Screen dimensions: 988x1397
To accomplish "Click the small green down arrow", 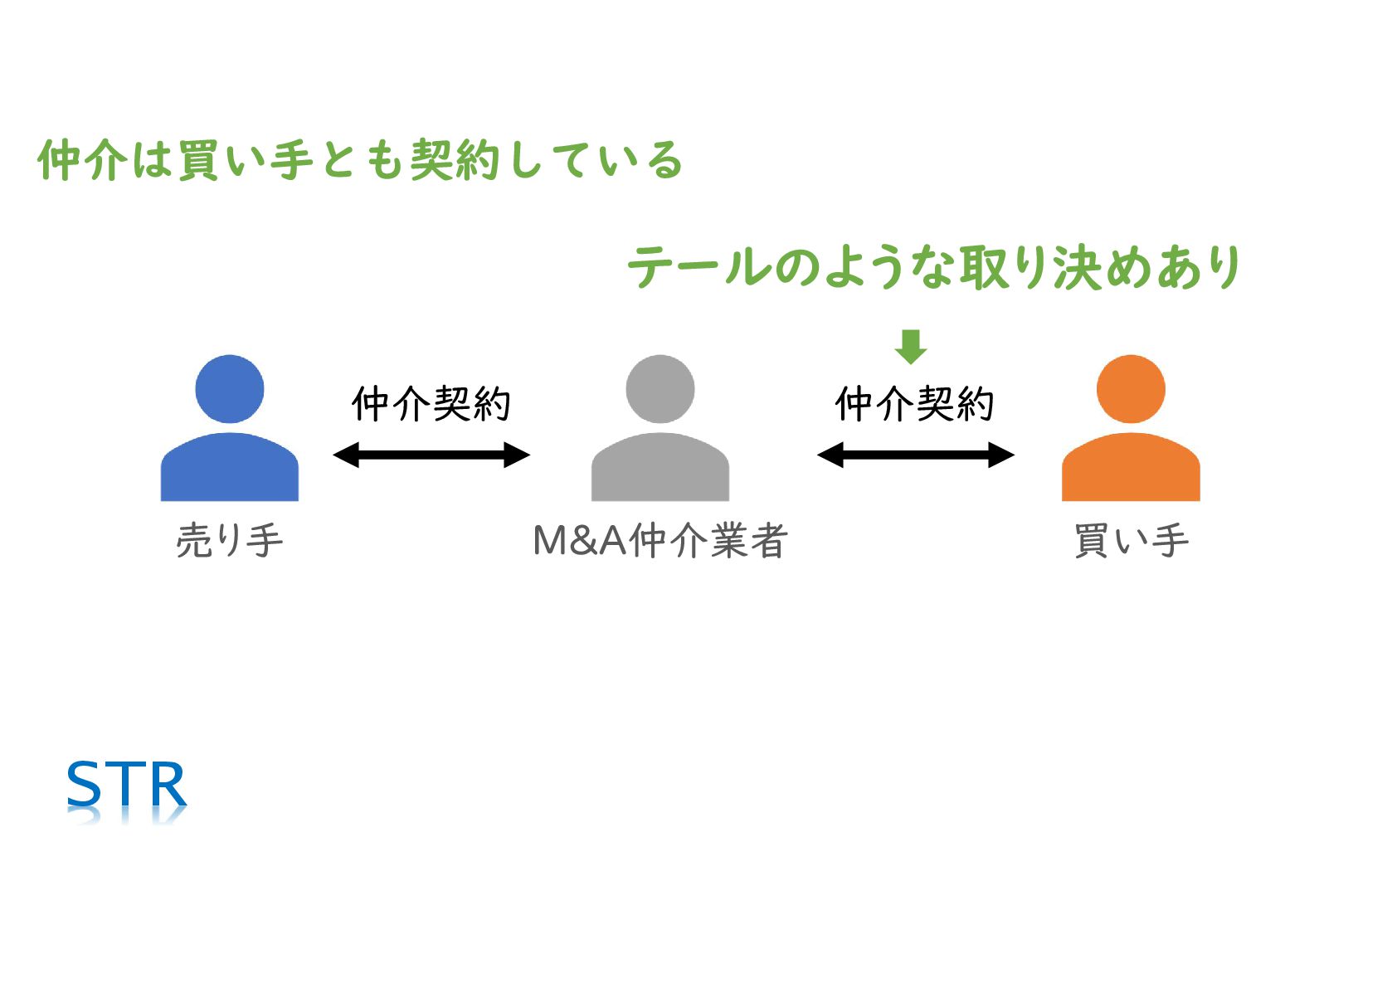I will [910, 346].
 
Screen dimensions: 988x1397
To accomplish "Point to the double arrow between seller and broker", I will [431, 455].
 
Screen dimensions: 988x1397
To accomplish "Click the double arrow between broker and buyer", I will [915, 455].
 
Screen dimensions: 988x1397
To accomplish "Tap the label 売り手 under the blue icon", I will [229, 541].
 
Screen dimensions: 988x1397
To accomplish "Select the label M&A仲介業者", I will [660, 541].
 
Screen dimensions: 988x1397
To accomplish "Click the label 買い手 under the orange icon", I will [1131, 541].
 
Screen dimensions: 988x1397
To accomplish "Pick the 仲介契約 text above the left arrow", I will [431, 404].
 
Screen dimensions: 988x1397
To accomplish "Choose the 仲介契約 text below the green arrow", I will [914, 404].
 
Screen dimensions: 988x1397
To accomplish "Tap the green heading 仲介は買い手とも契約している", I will [360, 160].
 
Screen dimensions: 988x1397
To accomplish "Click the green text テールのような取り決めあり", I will [933, 267].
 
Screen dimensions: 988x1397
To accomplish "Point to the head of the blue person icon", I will [229, 388].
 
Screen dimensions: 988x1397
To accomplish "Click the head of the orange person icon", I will [1130, 388].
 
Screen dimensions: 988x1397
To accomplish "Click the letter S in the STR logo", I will [83, 785].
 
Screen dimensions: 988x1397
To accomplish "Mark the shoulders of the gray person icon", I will [660, 469].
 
